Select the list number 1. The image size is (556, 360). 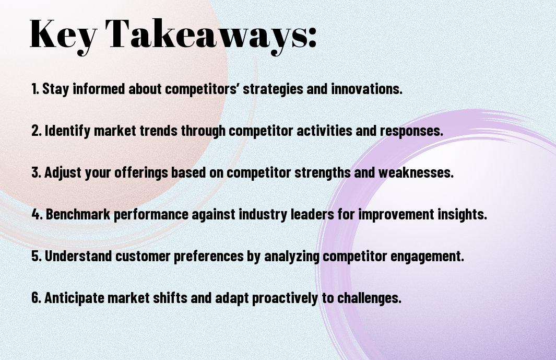[x=35, y=89]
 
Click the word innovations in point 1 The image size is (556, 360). [x=366, y=89]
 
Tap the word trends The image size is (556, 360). [x=158, y=131]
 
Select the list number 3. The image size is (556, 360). [x=36, y=172]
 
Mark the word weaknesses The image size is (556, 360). [x=416, y=172]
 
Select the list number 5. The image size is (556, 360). [x=36, y=256]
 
